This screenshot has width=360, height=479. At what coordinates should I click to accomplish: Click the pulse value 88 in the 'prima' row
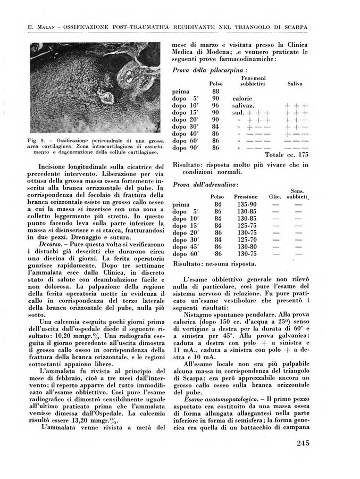(x=215, y=91)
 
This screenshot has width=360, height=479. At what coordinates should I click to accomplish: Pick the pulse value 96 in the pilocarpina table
(x=215, y=105)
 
